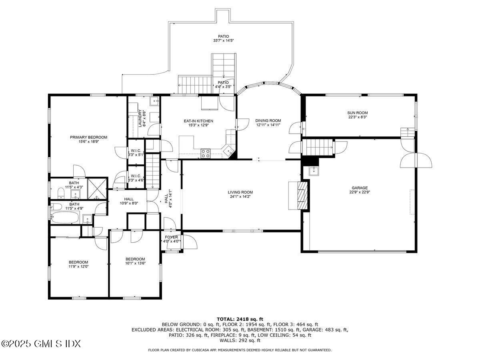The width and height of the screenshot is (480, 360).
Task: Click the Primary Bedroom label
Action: [x=88, y=137]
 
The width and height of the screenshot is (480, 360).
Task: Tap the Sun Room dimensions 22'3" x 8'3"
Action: [x=357, y=117]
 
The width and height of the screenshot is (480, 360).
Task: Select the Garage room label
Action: [x=360, y=188]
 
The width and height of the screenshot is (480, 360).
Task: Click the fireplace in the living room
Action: [x=299, y=195]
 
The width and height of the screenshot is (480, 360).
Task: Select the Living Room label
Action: [x=240, y=192]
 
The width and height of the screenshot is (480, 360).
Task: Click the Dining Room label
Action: [x=268, y=120]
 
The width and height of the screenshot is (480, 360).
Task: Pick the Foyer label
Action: [x=172, y=237]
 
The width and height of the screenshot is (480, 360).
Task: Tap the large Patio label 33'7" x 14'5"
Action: [x=223, y=36]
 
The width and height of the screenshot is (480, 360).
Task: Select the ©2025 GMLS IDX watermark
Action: [x=41, y=344]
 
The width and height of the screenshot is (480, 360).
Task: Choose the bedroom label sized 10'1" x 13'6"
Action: [x=135, y=259]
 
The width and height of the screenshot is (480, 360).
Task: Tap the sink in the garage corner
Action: [x=313, y=171]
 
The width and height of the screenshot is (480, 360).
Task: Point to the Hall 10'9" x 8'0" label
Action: [x=129, y=199]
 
